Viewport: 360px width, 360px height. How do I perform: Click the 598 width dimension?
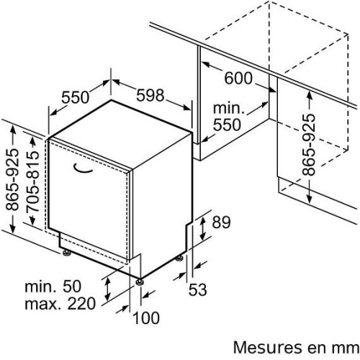click(150, 95)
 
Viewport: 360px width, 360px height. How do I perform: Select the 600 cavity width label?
click(238, 78)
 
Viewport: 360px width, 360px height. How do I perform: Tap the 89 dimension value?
click(221, 222)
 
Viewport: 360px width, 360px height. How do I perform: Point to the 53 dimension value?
click(197, 289)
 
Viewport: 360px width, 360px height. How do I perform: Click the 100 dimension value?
click(146, 318)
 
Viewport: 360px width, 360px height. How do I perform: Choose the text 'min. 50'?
click(53, 287)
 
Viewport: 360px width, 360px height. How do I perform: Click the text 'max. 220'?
click(60, 304)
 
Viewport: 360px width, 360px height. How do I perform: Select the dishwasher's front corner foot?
click(140, 282)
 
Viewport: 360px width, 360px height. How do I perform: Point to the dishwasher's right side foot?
click(179, 258)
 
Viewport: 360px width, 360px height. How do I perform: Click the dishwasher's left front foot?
click(66, 253)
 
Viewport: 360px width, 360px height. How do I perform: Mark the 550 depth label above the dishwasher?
click(75, 97)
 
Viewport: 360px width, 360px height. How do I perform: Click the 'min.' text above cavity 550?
click(229, 109)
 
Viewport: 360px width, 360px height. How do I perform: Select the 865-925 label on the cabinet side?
click(308, 145)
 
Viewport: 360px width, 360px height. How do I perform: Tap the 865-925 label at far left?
click(12, 179)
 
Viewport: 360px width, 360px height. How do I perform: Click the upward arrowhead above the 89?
click(203, 220)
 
